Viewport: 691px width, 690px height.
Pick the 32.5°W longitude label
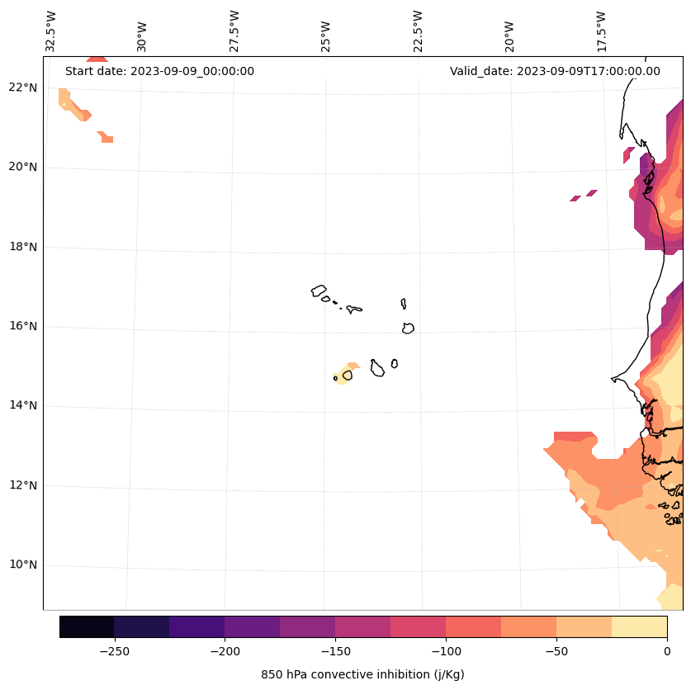pos(51,31)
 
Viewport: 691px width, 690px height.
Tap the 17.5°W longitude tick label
pos(601,31)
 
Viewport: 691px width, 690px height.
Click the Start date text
pos(159,71)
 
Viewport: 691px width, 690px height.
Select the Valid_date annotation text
pos(555,71)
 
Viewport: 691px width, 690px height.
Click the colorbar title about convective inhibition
pos(362,674)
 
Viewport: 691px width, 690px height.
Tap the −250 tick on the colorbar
pos(114,651)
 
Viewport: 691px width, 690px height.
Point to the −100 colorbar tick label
pos(446,651)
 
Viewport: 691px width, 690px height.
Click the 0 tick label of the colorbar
pos(666,651)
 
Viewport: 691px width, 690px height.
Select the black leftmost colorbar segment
pos(87,626)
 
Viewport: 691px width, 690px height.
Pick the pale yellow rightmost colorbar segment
pos(639,626)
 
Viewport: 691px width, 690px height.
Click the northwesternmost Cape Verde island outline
pos(319,291)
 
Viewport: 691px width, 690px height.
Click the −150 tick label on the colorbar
pos(335,651)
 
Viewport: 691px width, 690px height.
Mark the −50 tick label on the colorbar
pos(556,651)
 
